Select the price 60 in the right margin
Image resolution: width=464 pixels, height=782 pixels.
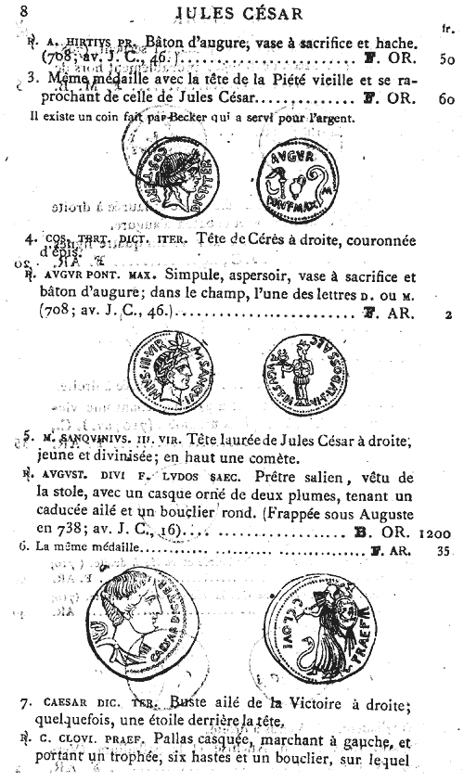click(445, 96)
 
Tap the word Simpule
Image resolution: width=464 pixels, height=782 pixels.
click(192, 276)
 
